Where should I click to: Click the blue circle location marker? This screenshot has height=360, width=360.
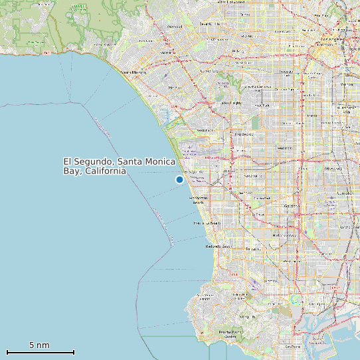click(x=179, y=179)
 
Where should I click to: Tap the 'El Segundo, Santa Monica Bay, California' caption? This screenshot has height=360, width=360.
click(x=120, y=166)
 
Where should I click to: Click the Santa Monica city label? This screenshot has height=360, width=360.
click(x=133, y=72)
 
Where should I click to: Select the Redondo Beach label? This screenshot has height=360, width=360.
click(x=219, y=246)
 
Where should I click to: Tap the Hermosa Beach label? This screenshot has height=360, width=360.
click(x=207, y=224)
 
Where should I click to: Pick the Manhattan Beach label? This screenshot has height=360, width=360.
click(x=199, y=201)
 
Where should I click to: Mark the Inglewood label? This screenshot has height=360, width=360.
click(x=243, y=134)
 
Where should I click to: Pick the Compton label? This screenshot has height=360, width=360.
click(x=345, y=193)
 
